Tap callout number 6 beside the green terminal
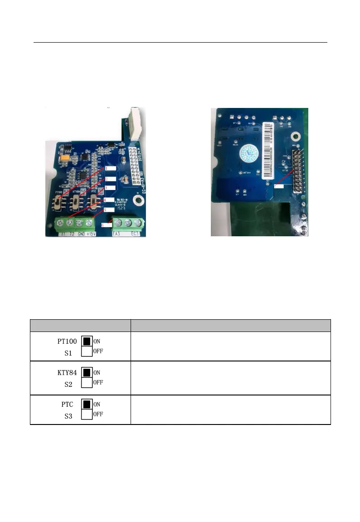tap(104, 224)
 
